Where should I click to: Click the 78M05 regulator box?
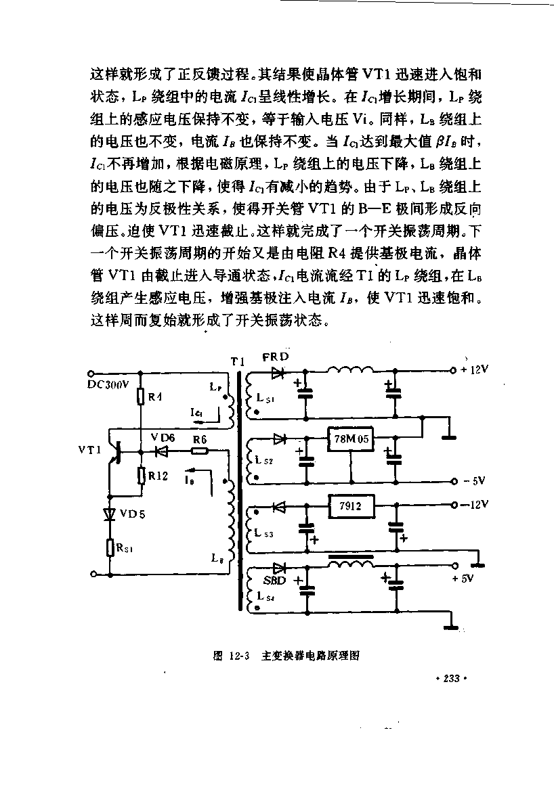350,439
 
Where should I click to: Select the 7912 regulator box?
351,505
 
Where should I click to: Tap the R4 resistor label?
155,397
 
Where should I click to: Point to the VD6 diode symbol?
161,451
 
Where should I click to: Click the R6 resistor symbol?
200,451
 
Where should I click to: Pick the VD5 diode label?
133,514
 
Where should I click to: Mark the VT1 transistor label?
89,450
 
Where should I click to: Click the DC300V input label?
108,384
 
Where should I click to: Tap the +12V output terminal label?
474,369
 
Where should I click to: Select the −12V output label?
475,504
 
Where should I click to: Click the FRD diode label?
276,357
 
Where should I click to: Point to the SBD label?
275,581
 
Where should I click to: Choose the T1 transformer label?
238,361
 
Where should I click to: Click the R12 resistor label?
158,476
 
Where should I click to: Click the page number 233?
452,678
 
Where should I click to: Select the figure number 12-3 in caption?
239,656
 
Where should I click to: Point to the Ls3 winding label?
263,533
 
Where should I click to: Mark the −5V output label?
474,481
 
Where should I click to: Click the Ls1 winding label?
265,398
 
